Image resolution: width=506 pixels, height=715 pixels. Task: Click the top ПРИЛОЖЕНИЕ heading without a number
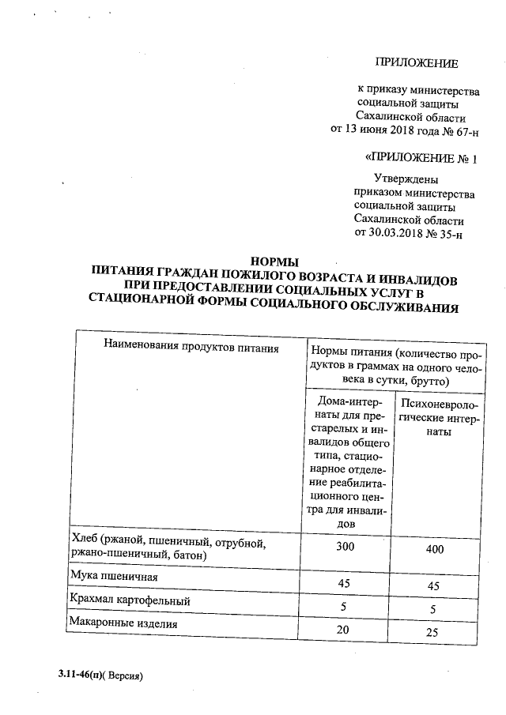click(x=416, y=62)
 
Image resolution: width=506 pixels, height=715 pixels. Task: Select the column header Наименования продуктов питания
click(x=191, y=346)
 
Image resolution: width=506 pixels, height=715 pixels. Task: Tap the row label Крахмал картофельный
click(x=130, y=600)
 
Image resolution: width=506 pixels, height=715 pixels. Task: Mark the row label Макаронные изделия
click(x=123, y=624)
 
